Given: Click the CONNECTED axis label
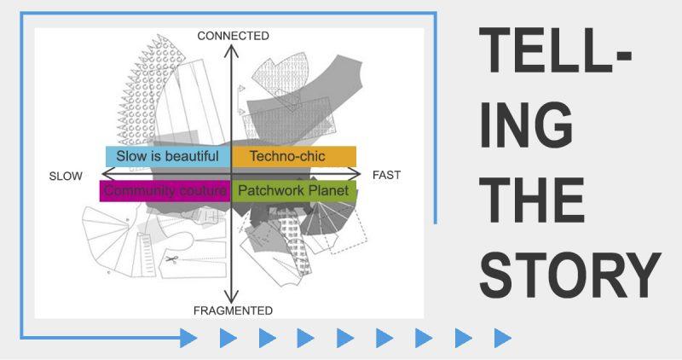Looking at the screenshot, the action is pos(233,36).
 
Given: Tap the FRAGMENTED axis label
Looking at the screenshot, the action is pos(233,311).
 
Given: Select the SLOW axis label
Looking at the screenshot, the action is pos(66,177).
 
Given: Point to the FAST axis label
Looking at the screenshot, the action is pos(387,175).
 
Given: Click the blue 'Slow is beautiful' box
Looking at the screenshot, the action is pos(168,156).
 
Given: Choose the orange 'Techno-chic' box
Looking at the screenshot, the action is pos(294,156).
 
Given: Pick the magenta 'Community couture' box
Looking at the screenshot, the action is pos(165,191).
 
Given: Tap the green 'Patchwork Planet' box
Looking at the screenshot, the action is pos(294,191).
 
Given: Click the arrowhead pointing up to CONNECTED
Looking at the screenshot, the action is pos(231,51).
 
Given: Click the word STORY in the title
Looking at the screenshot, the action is pos(570,275).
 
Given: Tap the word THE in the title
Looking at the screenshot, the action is pos(531,200).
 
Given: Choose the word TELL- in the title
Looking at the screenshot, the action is pos(555,50).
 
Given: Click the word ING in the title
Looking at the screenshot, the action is pos(526,125).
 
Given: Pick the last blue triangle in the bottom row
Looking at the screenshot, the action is pos(502,338).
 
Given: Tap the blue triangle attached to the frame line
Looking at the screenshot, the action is pos(188,338).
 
